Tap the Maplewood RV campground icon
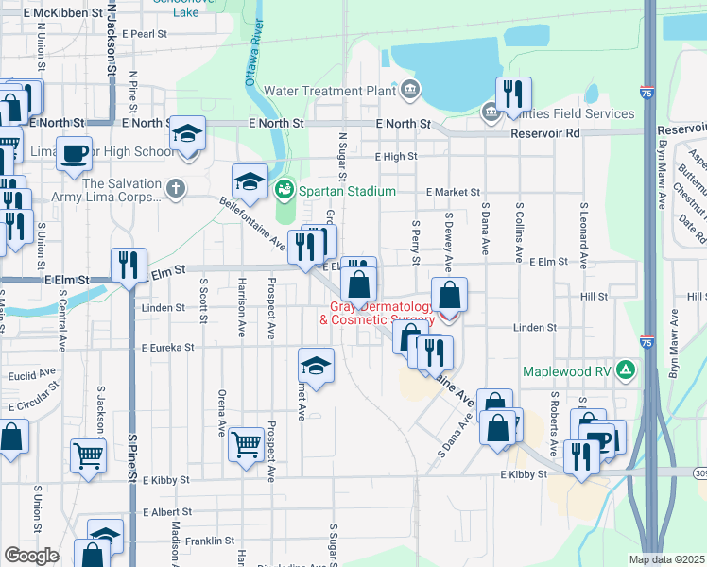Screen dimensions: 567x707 [x=625, y=369]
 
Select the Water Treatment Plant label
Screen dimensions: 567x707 [x=330, y=92]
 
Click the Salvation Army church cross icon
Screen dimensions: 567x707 [x=174, y=189]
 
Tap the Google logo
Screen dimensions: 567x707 [x=31, y=556]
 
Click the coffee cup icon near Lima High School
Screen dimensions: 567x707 [x=74, y=152]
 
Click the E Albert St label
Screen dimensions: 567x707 [x=167, y=511]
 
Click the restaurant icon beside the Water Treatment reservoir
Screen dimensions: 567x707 [x=513, y=94]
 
